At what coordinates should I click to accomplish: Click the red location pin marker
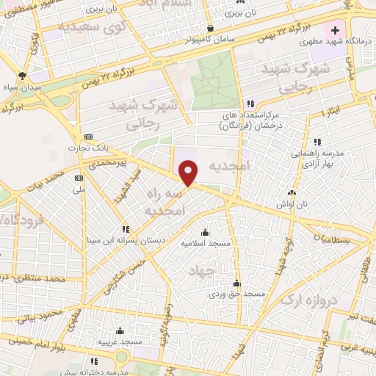189,172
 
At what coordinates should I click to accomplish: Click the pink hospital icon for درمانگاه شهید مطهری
336,31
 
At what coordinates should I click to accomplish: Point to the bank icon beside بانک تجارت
88,137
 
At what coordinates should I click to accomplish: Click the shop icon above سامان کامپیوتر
211,26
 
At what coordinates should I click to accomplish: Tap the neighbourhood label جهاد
200,270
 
